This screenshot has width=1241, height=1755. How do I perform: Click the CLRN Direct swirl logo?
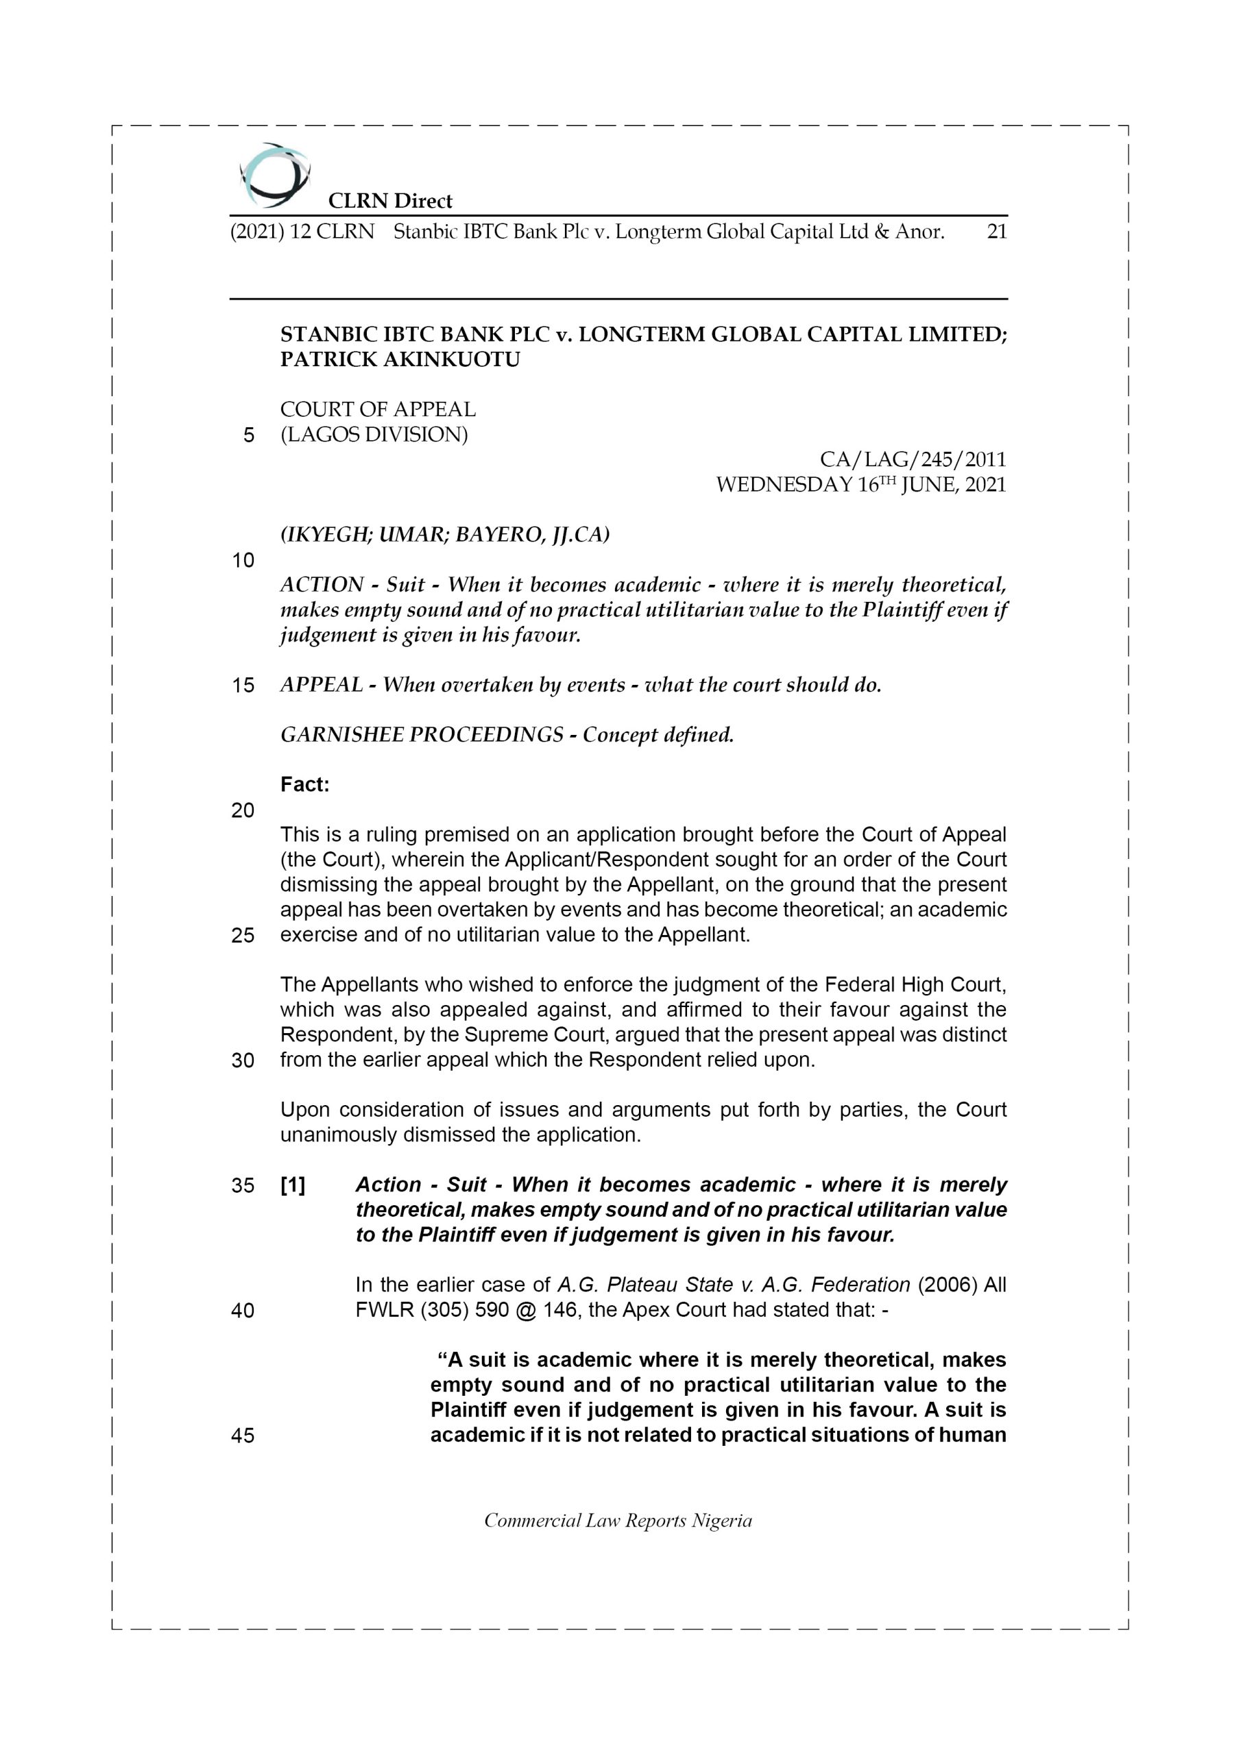coord(274,175)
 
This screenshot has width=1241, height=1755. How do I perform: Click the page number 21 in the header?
coord(997,232)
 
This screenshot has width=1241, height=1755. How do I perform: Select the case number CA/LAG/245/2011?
coord(912,459)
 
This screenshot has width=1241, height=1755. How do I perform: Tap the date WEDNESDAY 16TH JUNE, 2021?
coord(860,485)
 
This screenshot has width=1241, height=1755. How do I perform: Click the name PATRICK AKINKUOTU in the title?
coord(400,359)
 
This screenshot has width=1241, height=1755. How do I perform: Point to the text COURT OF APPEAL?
coord(378,409)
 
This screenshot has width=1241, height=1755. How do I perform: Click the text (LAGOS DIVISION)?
coord(374,434)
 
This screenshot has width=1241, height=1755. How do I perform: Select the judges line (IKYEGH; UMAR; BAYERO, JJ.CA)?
coord(444,534)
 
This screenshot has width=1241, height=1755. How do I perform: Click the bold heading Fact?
coord(304,784)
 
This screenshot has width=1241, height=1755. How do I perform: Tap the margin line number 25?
coord(243,935)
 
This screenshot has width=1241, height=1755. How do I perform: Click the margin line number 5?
coord(248,435)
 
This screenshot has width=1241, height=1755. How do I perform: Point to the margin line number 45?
coord(243,1436)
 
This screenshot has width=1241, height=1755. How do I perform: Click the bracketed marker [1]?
coord(293,1185)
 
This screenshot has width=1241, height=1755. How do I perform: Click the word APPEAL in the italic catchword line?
coord(321,684)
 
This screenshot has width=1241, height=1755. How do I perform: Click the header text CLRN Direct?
coord(390,201)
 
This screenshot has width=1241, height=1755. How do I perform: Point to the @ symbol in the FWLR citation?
coord(525,1310)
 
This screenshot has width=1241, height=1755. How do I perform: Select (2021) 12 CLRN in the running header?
coord(303,232)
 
